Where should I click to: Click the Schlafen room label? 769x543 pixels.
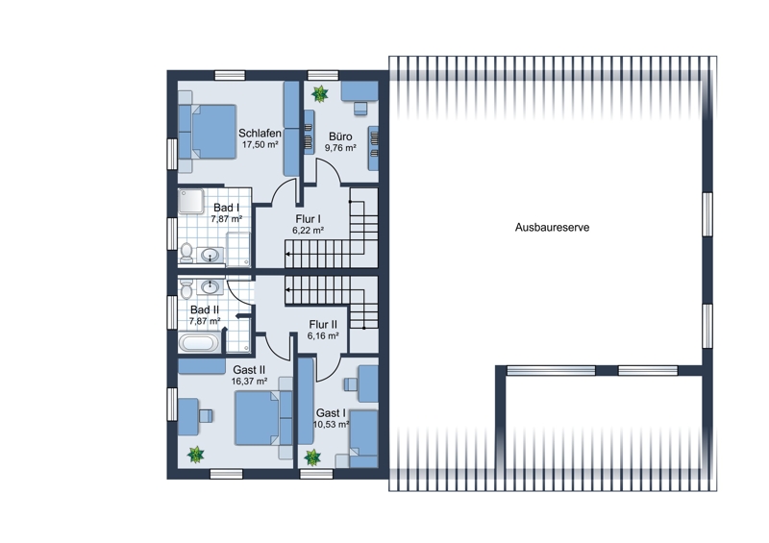click(260, 133)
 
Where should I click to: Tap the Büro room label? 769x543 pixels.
click(340, 136)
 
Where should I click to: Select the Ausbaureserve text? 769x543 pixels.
click(552, 227)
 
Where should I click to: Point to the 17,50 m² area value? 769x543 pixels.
click(260, 145)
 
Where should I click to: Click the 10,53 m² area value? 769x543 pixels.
click(331, 424)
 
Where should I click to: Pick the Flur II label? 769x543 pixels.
click(323, 324)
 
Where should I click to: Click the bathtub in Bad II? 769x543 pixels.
click(199, 342)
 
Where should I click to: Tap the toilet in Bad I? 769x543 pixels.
click(186, 252)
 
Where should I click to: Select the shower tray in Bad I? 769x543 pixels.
click(190, 202)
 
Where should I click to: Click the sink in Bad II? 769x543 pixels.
click(211, 286)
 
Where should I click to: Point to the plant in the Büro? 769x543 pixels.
click(320, 93)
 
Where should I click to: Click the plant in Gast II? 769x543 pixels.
click(196, 455)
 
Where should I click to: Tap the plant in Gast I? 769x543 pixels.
click(312, 457)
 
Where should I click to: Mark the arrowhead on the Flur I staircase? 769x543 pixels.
click(287, 254)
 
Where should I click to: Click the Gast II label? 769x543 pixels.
click(249, 369)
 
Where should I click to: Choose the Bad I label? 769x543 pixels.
click(227, 208)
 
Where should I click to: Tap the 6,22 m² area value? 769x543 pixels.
click(308, 230)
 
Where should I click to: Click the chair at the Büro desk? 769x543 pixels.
click(360, 109)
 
